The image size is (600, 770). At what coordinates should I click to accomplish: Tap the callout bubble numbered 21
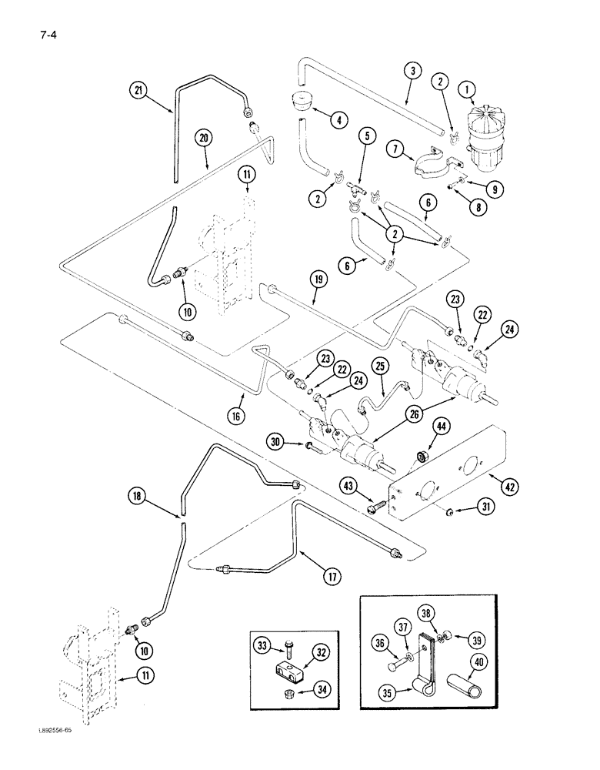pos(137,91)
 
